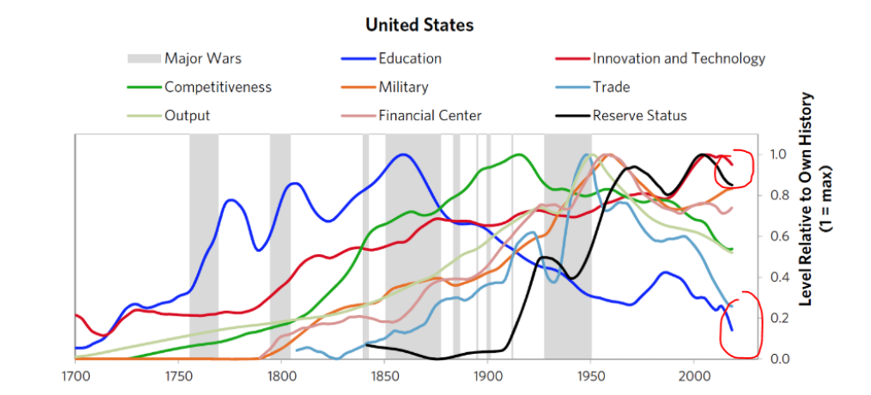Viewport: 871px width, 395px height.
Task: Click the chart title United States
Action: click(419, 25)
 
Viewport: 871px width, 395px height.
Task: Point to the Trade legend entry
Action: click(611, 87)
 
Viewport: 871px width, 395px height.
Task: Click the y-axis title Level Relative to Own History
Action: click(806, 200)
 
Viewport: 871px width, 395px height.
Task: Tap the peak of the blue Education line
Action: click(403, 154)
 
